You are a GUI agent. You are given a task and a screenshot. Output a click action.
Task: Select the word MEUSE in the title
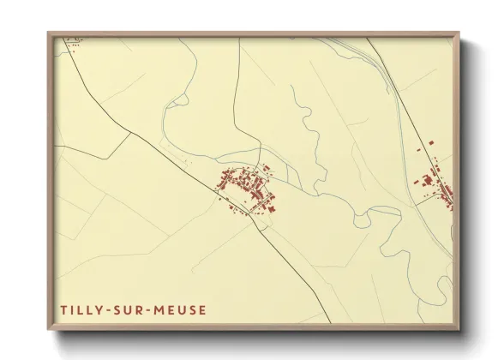click(180, 309)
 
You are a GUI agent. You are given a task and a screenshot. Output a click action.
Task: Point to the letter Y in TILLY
click(100, 309)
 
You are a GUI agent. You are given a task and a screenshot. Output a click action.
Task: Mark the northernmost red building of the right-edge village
click(431, 141)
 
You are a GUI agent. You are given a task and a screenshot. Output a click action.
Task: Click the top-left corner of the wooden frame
click(49, 33)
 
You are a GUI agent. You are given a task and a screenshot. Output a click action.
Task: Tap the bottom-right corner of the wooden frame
click(459, 328)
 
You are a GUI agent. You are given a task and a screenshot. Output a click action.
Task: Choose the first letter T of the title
click(63, 309)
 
